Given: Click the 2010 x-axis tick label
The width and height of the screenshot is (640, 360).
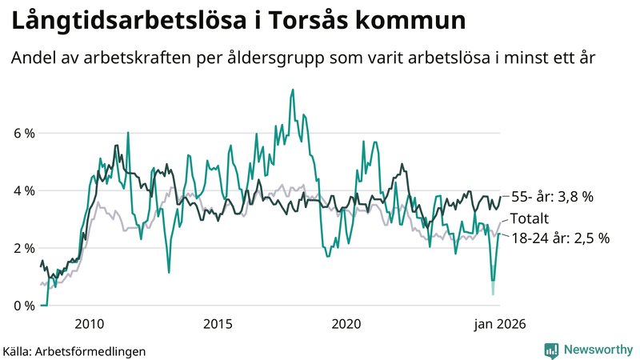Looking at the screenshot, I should [x=89, y=324].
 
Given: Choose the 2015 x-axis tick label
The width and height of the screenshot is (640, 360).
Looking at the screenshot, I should [x=218, y=324].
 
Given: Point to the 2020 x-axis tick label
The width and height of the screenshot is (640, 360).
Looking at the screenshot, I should [x=346, y=324].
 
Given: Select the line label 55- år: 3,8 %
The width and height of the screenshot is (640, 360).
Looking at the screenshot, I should [x=552, y=197].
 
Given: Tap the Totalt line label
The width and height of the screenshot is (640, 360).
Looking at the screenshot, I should [x=530, y=218].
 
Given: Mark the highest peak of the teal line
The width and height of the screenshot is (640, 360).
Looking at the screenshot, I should [x=293, y=90].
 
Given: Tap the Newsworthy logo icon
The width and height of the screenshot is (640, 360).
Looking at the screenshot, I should [x=551, y=350].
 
